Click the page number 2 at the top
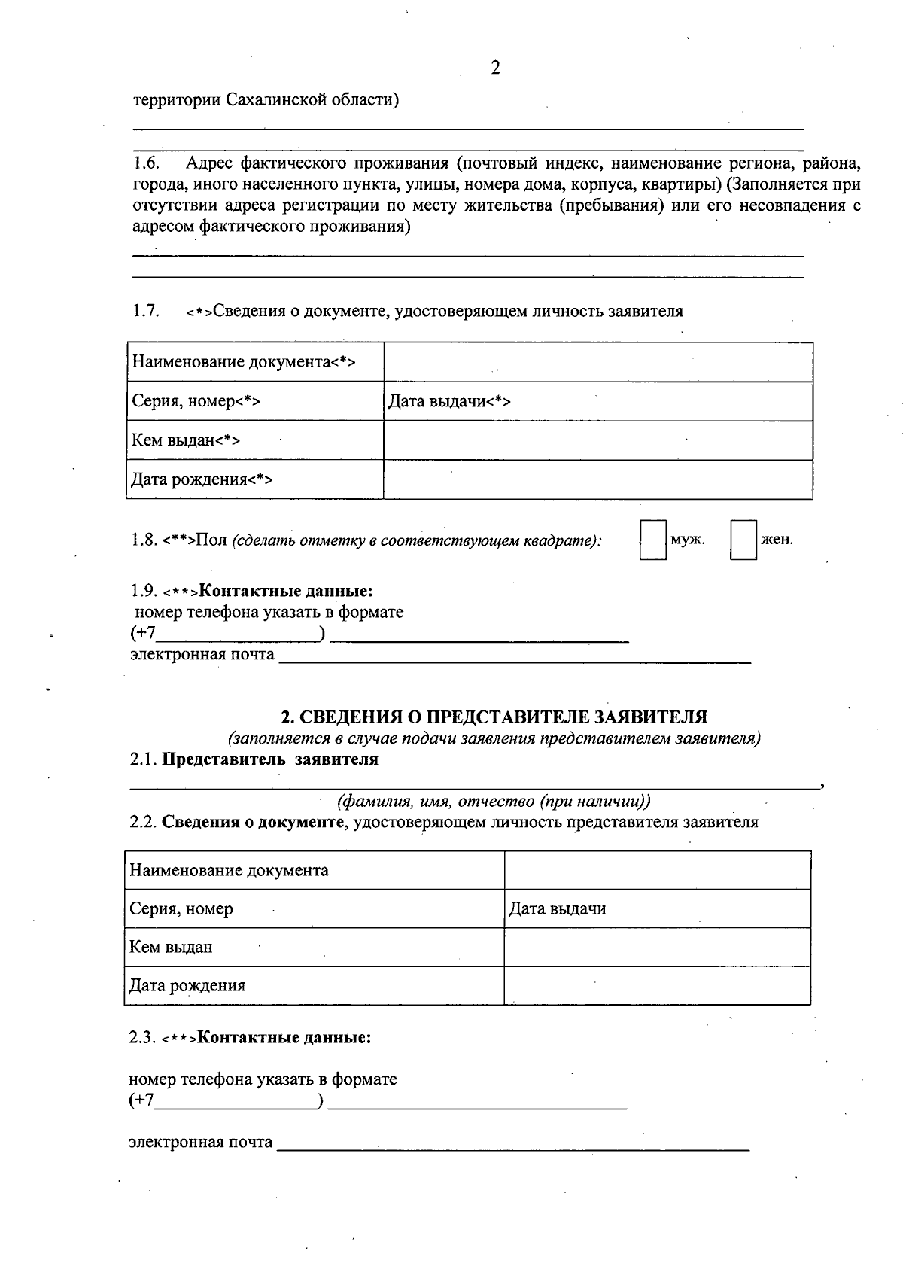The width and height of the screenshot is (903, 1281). [495, 68]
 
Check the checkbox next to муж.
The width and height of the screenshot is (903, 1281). [652, 540]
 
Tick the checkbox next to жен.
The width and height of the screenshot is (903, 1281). [743, 540]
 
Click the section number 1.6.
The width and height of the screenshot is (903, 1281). [146, 163]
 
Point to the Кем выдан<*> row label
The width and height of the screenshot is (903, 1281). [186, 440]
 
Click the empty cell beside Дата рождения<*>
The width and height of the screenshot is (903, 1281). [598, 479]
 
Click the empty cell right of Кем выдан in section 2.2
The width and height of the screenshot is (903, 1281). [657, 947]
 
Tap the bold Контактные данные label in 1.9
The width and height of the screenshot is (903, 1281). [285, 591]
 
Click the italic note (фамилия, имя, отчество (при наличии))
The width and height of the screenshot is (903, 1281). [494, 800]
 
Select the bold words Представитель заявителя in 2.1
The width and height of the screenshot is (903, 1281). [270, 759]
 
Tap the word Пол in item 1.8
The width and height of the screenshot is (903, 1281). [211, 540]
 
